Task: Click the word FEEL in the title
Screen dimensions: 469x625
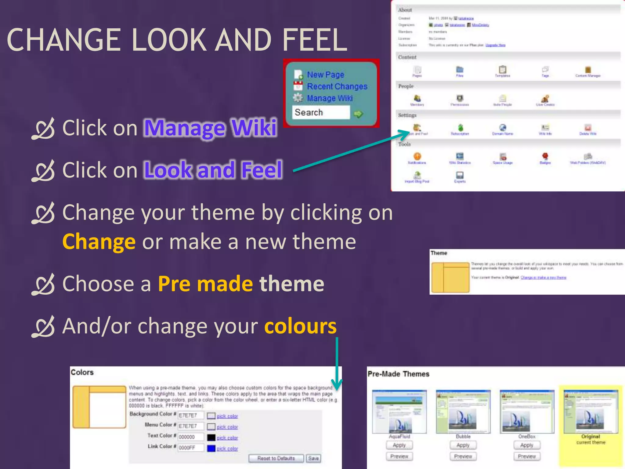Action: [x=314, y=40]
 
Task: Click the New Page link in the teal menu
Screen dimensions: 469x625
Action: [x=325, y=75]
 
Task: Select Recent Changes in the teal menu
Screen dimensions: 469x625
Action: [x=337, y=86]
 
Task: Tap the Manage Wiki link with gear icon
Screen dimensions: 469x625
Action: [x=330, y=98]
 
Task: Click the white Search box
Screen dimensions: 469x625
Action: [x=320, y=112]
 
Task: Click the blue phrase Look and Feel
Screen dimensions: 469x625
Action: [x=213, y=170]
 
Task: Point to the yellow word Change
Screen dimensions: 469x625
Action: [x=99, y=242]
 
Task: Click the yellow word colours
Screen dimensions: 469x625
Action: [x=300, y=326]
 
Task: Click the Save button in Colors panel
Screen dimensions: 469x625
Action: [x=313, y=458]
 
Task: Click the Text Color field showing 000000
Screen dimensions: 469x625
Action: [x=191, y=437]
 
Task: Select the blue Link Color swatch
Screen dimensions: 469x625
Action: [x=211, y=448]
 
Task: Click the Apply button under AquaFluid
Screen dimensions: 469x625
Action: [x=399, y=445]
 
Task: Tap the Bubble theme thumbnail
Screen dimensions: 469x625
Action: [x=463, y=411]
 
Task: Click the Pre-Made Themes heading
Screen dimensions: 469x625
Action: [x=398, y=374]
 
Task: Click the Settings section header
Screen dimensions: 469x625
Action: [x=407, y=115]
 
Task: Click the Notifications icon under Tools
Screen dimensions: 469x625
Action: [x=417, y=157]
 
